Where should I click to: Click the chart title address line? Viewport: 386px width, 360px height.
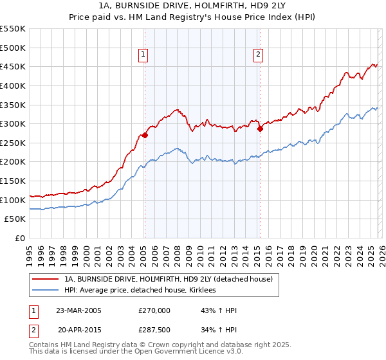point(192,6)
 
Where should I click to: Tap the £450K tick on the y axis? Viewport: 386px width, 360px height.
point(13,66)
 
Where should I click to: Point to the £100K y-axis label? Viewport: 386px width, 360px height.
point(13,200)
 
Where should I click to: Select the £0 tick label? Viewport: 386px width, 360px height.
point(19,239)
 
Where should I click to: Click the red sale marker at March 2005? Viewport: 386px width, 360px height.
point(145,135)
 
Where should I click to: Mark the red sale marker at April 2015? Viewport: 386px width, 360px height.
point(260,129)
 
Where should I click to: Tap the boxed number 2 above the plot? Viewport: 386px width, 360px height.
point(258,55)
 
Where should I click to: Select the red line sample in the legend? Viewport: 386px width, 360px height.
point(46,279)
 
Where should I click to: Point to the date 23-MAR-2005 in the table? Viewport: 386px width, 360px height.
point(78,310)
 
